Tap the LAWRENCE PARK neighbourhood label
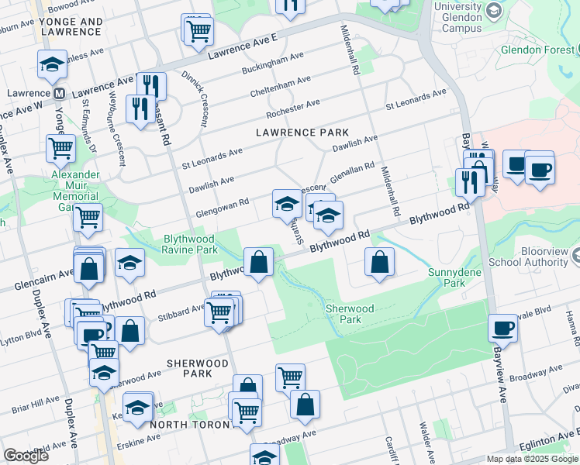(302, 133)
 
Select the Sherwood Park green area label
(349, 314)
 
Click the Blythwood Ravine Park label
(190, 244)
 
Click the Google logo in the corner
(26, 456)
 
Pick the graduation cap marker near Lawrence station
(52, 64)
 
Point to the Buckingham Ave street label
(272, 64)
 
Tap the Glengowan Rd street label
(222, 204)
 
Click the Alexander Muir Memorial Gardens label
(75, 186)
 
